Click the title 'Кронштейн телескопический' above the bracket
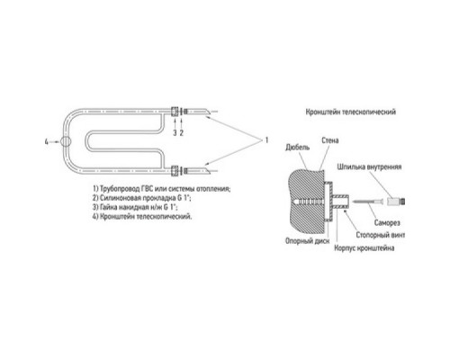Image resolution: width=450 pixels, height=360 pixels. (x=351, y=112)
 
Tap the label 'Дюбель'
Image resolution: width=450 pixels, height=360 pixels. (x=297, y=148)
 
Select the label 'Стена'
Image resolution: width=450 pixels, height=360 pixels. (x=330, y=140)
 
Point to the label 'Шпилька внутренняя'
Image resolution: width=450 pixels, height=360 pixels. (x=369, y=166)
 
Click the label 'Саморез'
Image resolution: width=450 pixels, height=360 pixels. (x=387, y=222)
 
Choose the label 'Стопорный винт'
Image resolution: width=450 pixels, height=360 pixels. (x=381, y=235)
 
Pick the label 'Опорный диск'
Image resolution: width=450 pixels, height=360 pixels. (x=307, y=241)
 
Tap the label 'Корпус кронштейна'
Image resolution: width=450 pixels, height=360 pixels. (x=364, y=248)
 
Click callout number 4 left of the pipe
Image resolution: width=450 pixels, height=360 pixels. (x=47, y=142)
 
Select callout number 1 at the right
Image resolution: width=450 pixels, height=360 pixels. (x=266, y=140)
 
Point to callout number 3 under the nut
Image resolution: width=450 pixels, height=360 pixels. (x=175, y=133)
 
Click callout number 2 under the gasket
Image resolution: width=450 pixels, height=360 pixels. (x=182, y=133)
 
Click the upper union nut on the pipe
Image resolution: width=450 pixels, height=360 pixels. (x=175, y=112)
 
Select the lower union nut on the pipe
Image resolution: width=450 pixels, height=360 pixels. (x=175, y=171)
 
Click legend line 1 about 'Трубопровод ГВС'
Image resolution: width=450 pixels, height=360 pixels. (x=162, y=189)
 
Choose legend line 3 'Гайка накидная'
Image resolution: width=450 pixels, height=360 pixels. (x=135, y=207)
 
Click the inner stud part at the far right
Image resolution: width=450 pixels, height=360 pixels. (x=396, y=201)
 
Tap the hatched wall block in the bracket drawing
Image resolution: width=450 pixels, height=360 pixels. (x=306, y=202)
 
